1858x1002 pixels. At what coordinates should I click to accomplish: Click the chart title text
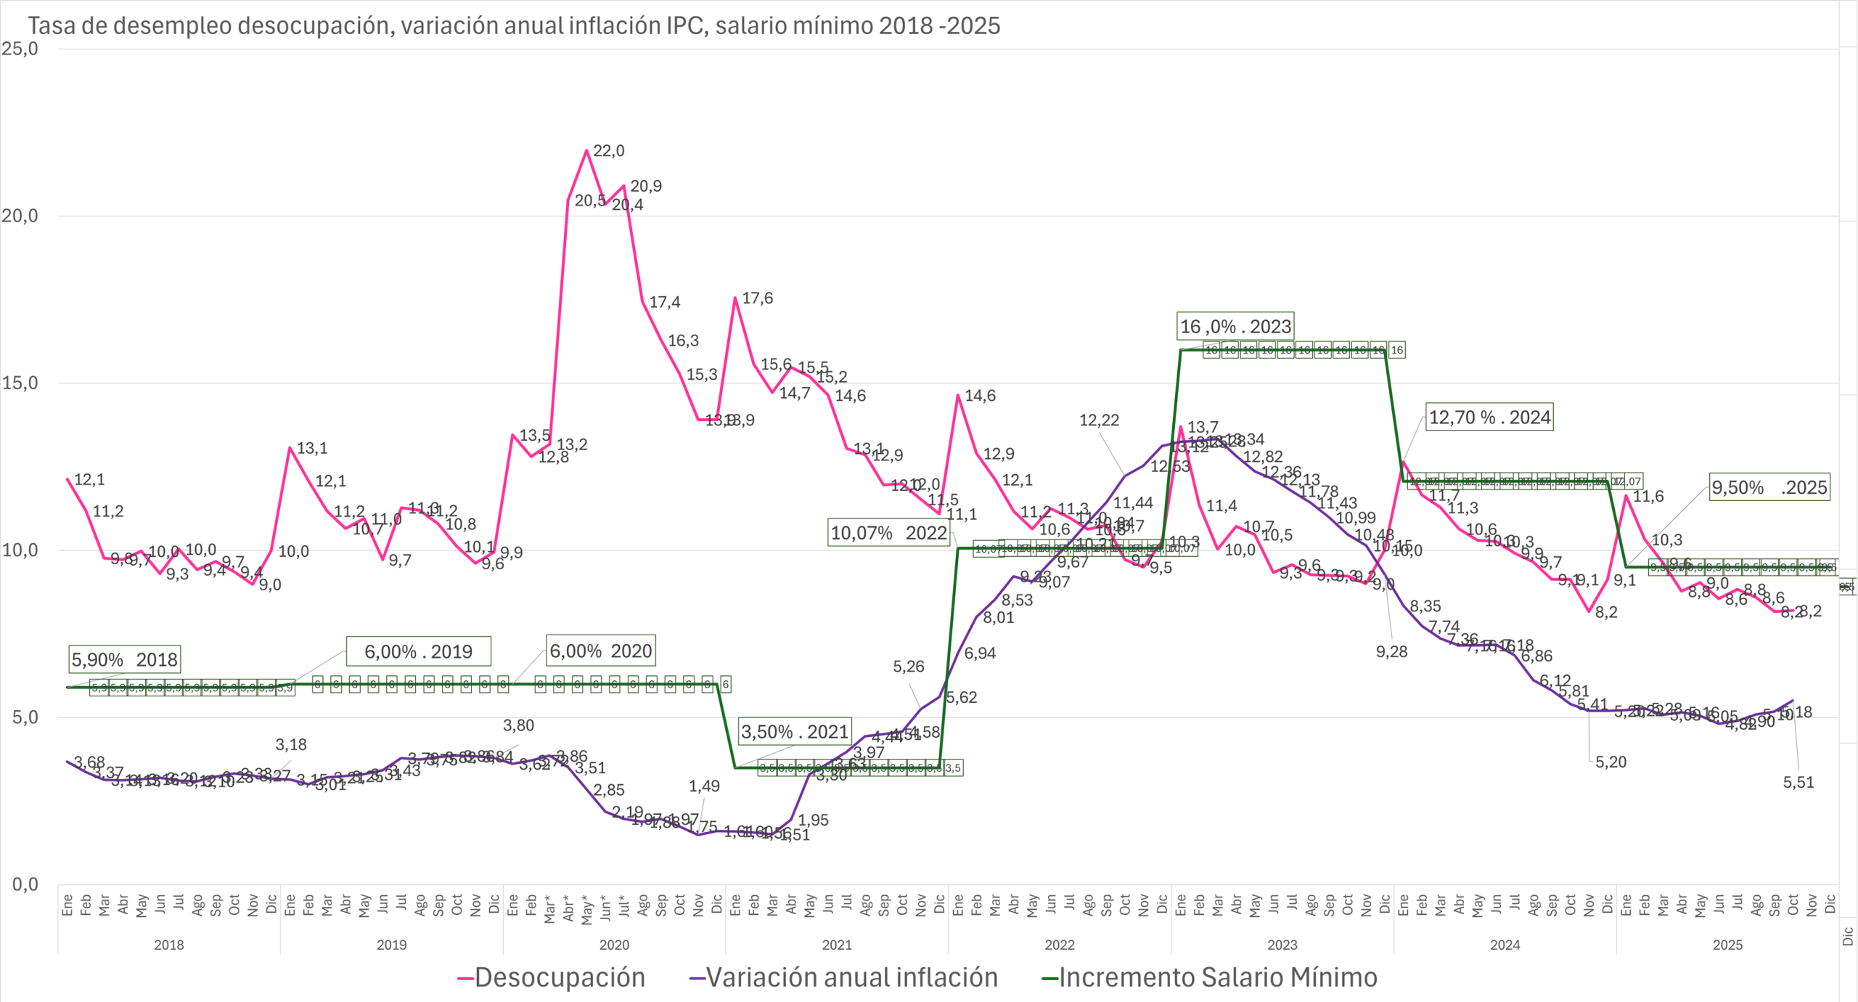pos(514,26)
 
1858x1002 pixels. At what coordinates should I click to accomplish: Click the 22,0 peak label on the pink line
pos(608,151)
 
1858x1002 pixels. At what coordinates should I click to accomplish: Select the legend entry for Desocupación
pos(552,977)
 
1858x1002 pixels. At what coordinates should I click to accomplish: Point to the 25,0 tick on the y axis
pos(20,49)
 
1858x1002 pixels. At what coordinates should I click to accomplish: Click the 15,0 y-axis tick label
pos(20,383)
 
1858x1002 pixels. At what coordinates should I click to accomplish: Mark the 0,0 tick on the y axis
pos(25,884)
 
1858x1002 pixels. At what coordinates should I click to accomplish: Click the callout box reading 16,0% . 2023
pos(1235,327)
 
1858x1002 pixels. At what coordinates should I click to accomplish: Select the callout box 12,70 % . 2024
pos(1489,417)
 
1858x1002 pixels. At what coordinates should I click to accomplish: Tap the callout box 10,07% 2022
pos(888,533)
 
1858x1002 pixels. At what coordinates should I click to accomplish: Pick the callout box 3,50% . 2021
pos(795,732)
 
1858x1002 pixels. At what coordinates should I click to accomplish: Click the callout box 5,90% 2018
pos(125,659)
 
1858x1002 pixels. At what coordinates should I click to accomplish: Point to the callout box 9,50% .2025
pos(1769,487)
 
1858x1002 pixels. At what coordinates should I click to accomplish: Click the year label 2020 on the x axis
pos(614,945)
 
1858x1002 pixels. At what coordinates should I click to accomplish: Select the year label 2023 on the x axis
pos(1282,945)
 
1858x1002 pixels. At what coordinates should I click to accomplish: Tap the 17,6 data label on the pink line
pos(757,298)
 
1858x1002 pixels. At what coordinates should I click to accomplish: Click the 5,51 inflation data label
pos(1798,782)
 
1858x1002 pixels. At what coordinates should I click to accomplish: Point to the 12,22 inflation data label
pos(1099,420)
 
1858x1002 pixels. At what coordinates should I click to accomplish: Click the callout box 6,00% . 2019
pos(418,651)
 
